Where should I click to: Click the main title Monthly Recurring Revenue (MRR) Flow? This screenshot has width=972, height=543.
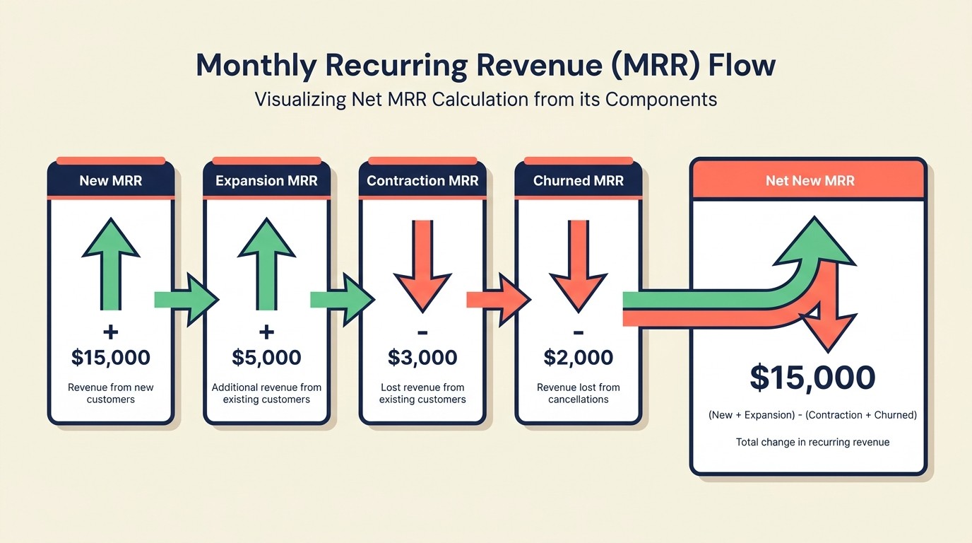pos(485,65)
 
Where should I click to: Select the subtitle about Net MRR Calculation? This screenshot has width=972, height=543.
pos(485,99)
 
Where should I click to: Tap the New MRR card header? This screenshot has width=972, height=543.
pos(111,180)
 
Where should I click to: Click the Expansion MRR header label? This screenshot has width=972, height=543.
pos(266,180)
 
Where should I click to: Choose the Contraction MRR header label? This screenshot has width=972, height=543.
pos(422,180)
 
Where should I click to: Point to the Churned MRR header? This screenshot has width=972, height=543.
pos(579,180)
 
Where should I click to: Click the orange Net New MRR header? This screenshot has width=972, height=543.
pos(810,180)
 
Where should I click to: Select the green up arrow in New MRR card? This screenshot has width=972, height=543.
pos(111,262)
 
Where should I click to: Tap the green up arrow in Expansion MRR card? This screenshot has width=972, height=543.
pos(266,262)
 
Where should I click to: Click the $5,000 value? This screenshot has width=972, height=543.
pos(266,357)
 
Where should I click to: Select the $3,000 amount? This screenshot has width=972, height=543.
pos(422,357)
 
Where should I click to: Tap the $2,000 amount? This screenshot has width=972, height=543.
pos(579,357)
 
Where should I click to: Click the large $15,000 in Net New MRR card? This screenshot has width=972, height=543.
pos(812,378)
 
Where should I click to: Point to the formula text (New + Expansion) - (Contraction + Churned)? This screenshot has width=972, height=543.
pos(812,415)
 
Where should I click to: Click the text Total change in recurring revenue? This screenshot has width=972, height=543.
pos(812,442)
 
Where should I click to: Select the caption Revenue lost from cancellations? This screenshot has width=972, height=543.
pos(579,393)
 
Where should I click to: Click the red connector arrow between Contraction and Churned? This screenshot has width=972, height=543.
pos(498,300)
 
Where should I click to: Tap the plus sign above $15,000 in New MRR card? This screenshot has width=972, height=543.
pos(111,332)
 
